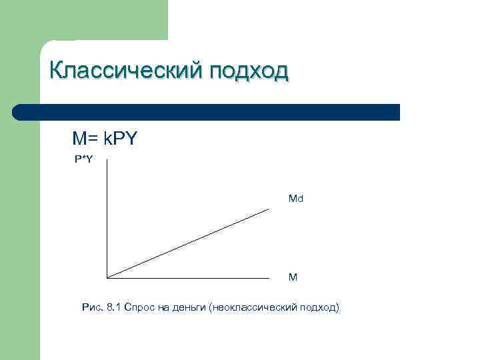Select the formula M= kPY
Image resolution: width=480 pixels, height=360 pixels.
[x=105, y=139]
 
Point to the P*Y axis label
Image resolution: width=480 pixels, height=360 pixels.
[x=83, y=159]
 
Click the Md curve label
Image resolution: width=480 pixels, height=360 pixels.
[x=296, y=199]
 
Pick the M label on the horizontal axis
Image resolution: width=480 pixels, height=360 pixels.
[x=293, y=276]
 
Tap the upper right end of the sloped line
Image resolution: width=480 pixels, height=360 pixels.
[x=269, y=209]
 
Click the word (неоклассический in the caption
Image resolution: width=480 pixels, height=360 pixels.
[x=253, y=307]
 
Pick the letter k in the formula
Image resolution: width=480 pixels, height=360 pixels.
[x=108, y=139]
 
